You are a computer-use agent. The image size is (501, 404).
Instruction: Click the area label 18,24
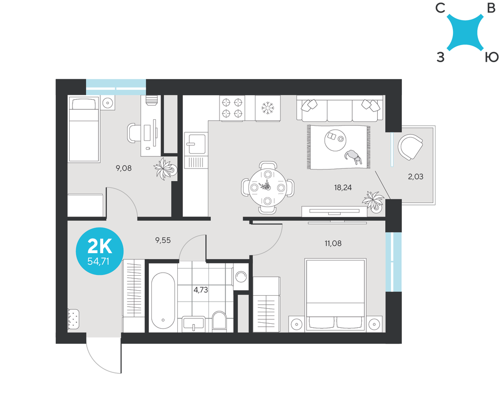point(343,187)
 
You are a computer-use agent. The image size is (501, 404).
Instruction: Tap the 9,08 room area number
point(124,168)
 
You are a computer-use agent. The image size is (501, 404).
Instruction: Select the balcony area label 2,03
point(415,176)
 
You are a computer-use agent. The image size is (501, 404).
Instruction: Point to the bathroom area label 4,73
point(201,290)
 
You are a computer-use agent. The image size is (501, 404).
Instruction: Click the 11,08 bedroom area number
point(333,244)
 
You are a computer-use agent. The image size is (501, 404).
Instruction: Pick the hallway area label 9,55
point(163,241)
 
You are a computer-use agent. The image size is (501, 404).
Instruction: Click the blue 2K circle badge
point(100,251)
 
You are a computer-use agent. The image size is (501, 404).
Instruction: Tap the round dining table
point(268,187)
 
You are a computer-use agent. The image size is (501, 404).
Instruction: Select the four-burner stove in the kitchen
point(232,108)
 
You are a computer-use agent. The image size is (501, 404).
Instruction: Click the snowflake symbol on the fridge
point(268,108)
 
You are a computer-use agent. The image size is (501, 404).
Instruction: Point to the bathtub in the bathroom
point(163,300)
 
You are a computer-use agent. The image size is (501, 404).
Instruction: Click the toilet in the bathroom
point(219,320)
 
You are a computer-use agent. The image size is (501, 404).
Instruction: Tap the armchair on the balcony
point(410,147)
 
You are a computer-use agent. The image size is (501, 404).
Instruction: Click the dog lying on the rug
point(353,156)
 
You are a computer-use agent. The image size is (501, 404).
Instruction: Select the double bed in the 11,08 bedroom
point(335,295)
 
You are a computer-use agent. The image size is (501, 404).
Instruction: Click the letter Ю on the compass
point(491,58)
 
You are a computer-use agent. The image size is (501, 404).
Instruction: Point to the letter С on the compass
point(440,9)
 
